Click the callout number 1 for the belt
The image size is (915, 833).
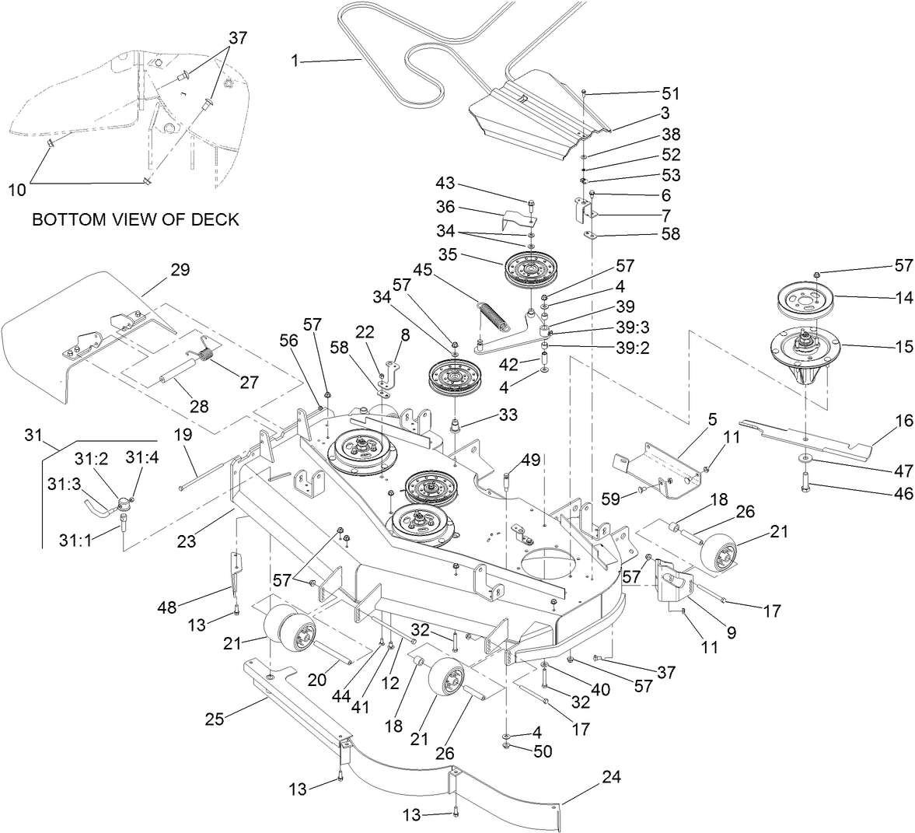tap(295, 60)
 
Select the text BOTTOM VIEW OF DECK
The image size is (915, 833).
tap(135, 220)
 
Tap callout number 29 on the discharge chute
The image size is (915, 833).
tap(180, 270)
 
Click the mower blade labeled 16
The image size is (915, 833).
tap(808, 438)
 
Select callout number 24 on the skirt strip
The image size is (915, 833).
tap(611, 777)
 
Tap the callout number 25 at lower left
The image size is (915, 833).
tap(215, 718)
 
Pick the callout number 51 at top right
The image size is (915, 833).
tap(670, 93)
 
